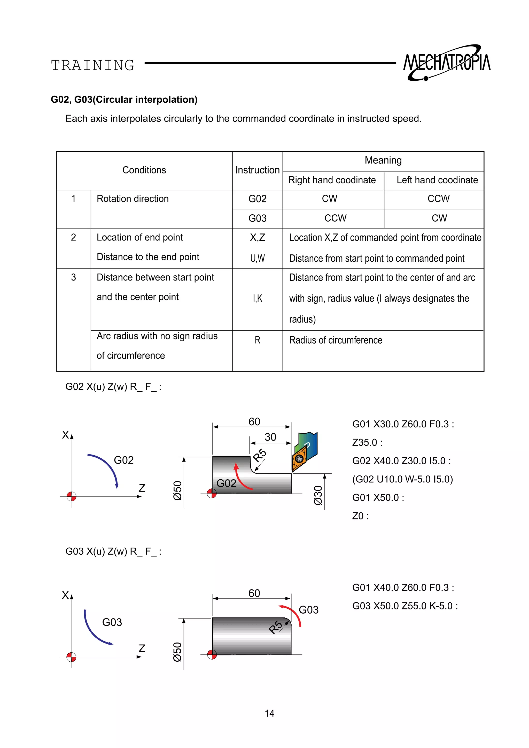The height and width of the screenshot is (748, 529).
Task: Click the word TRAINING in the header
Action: coord(93,65)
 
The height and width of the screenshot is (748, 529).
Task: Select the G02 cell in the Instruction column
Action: coord(257,199)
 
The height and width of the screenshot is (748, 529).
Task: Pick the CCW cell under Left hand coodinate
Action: coord(438,199)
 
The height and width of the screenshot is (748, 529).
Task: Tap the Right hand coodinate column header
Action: coord(332,180)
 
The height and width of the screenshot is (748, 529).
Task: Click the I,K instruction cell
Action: coord(257,298)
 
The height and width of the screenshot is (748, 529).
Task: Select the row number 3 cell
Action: coord(74,277)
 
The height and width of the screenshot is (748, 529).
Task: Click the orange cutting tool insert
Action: coord(300,458)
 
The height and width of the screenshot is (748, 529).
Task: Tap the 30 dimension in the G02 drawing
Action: coord(270,437)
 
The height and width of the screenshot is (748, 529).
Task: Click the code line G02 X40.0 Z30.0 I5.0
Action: coord(401,461)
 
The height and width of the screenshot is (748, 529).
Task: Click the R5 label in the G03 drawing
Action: coord(276,627)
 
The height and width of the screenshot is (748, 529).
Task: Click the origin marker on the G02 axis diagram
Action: coord(71,497)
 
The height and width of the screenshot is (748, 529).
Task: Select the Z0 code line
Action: coord(360,516)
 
